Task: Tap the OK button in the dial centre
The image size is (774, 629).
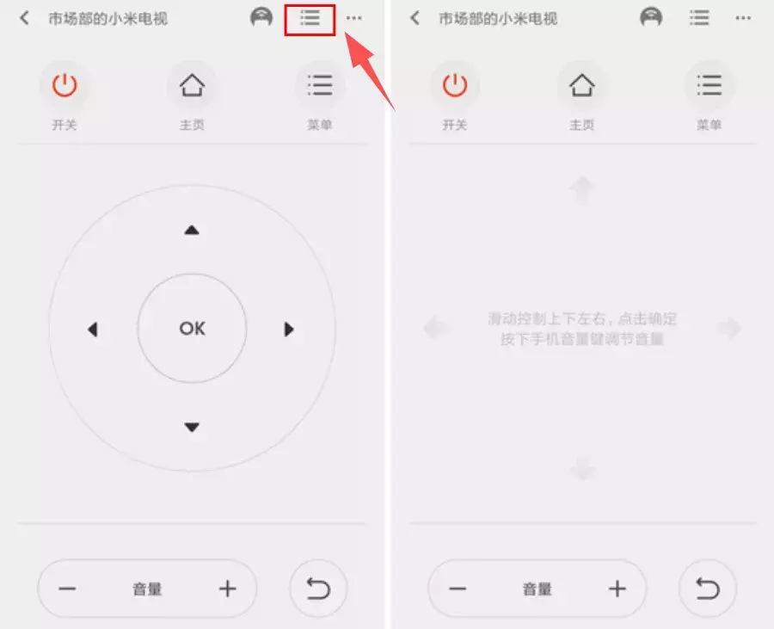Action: [192, 328]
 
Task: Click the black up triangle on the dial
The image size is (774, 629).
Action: [192, 230]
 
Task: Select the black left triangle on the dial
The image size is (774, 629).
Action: [93, 329]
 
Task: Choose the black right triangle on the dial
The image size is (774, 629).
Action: [290, 329]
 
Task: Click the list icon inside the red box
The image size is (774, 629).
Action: [310, 18]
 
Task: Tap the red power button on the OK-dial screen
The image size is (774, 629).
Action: [64, 85]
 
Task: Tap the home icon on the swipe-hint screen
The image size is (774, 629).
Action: [581, 85]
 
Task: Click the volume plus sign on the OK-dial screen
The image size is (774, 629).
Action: [227, 589]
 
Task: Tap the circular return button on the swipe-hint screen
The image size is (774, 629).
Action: [707, 589]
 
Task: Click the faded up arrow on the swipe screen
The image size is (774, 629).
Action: [582, 188]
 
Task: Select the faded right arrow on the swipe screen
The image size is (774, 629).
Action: [729, 327]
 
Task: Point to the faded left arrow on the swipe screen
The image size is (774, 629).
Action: [436, 327]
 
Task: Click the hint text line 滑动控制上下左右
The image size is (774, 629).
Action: [582, 319]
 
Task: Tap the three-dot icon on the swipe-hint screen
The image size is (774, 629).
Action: [742, 18]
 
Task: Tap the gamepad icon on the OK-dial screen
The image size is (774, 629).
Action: [261, 18]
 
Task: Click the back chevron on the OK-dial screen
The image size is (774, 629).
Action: [25, 18]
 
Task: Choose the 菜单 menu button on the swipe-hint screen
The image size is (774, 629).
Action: [709, 85]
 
